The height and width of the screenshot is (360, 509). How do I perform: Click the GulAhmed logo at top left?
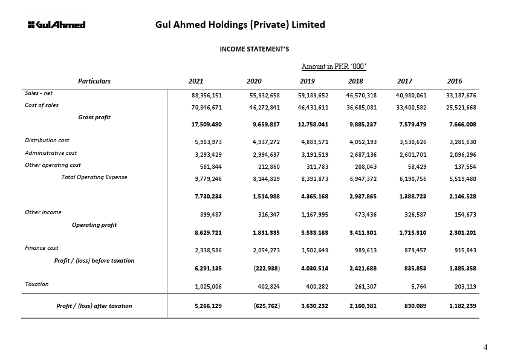[56, 25]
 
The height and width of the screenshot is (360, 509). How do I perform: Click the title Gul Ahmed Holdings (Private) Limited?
[240, 25]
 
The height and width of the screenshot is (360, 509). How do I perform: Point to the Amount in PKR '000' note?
[334, 67]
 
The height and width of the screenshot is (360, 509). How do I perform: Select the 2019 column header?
[307, 81]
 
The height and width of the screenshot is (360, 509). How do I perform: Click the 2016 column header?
[454, 81]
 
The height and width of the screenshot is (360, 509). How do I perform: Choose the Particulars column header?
[94, 81]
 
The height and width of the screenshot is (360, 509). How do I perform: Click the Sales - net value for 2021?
[207, 96]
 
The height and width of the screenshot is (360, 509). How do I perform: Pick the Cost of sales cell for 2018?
[361, 106]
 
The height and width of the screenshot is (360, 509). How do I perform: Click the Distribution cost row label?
[47, 140]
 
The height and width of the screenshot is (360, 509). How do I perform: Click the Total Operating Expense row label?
[94, 177]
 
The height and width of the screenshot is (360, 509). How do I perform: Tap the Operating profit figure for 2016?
[461, 232]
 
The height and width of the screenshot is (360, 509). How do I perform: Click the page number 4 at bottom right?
[485, 347]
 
